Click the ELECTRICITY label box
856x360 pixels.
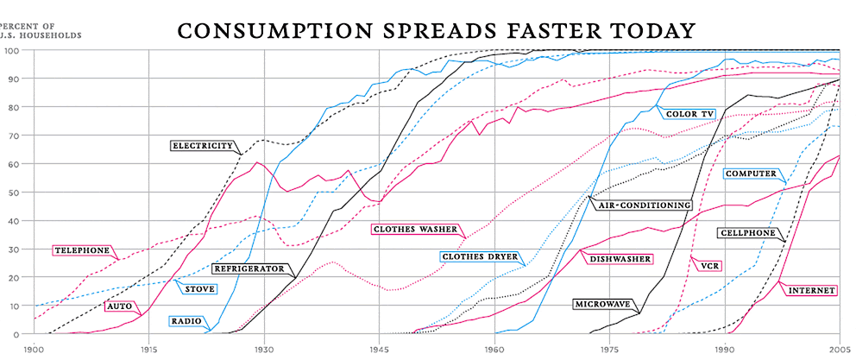(203, 146)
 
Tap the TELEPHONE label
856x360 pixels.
(83, 250)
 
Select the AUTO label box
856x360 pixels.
(117, 306)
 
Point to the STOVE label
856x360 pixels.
(200, 288)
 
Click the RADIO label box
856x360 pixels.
(186, 321)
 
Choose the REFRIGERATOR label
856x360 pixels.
(249, 269)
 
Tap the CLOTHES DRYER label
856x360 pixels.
(478, 256)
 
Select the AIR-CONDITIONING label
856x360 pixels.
(642, 205)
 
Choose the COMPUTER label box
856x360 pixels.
(750, 174)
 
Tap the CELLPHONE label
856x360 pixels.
(747, 233)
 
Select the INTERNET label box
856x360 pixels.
(811, 291)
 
